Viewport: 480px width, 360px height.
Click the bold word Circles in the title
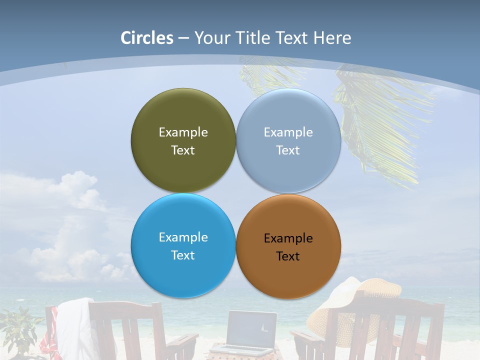147,38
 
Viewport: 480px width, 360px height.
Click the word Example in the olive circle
183,132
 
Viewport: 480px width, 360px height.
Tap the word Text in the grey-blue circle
288,150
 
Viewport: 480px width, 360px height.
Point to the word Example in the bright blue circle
183,237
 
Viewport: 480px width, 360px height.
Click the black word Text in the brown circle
288,256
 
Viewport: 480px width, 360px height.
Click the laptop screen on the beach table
251,328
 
